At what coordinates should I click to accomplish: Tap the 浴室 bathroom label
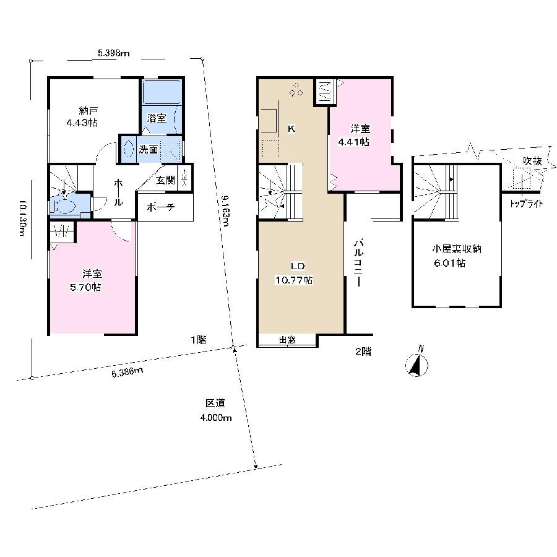pos(157,118)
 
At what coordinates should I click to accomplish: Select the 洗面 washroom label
pos(149,149)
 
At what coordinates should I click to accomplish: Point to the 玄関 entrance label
pos(165,180)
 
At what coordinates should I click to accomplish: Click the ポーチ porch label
pos(160,208)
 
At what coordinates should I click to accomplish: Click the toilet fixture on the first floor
pos(64,205)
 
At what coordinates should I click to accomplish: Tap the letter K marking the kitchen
pos(291,129)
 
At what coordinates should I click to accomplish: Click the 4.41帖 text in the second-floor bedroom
pos(353,142)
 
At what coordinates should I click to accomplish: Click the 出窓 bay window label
pos(287,339)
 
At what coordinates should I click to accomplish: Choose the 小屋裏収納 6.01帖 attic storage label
pos(457,256)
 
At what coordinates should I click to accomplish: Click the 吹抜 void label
pos(532,161)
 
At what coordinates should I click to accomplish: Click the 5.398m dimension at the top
pos(113,53)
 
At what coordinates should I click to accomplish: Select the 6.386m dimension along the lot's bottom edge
pos(127,371)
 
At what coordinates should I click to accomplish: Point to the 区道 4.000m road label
pos(215,410)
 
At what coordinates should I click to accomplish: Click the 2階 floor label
pos(363,351)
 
